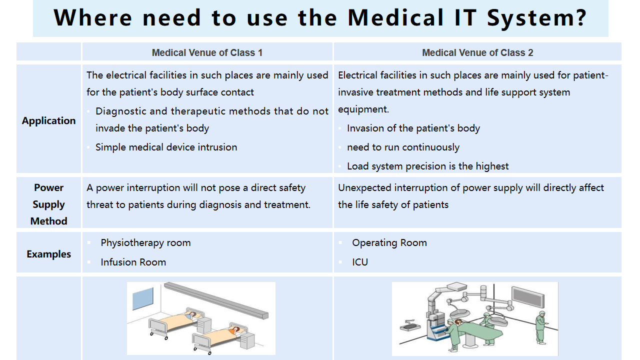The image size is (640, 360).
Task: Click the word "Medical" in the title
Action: pyautogui.click(x=396, y=17)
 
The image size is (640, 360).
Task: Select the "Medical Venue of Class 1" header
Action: pyautogui.click(x=207, y=53)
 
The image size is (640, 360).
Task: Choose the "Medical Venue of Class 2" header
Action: pyautogui.click(x=477, y=53)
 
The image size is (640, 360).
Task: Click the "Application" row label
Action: pyautogui.click(x=49, y=121)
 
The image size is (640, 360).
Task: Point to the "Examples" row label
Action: pyautogui.click(x=49, y=254)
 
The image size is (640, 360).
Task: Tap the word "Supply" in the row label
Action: pyautogui.click(x=49, y=204)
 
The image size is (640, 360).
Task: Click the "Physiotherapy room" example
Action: pyautogui.click(x=145, y=243)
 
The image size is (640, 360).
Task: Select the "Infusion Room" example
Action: pyautogui.click(x=133, y=262)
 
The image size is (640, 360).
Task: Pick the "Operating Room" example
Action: pyautogui.click(x=389, y=243)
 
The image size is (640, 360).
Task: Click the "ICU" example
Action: pyautogui.click(x=360, y=262)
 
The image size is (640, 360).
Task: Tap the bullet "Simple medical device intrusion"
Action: pyautogui.click(x=166, y=147)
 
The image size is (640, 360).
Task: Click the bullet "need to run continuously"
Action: pyautogui.click(x=403, y=147)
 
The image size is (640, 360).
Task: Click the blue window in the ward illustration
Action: pyautogui.click(x=143, y=298)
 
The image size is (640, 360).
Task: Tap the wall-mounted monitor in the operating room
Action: pyautogui.click(x=528, y=297)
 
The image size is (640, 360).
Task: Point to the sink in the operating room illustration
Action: pyautogui.click(x=410, y=325)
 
